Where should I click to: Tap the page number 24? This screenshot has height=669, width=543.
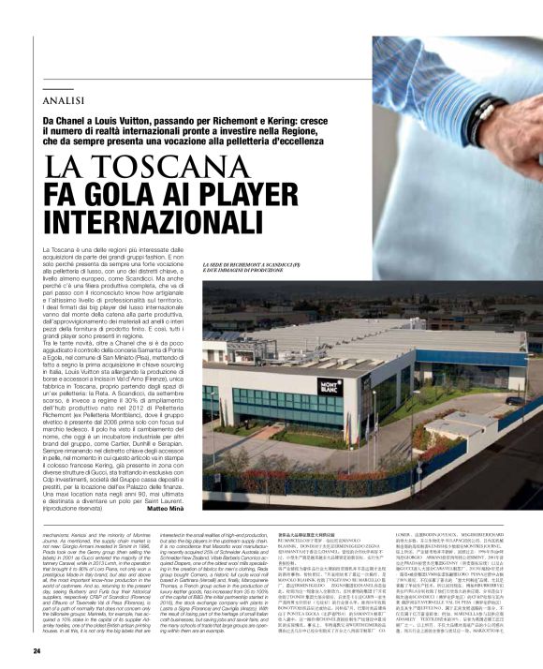37,650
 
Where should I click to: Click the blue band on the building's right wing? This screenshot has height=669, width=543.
487,358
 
